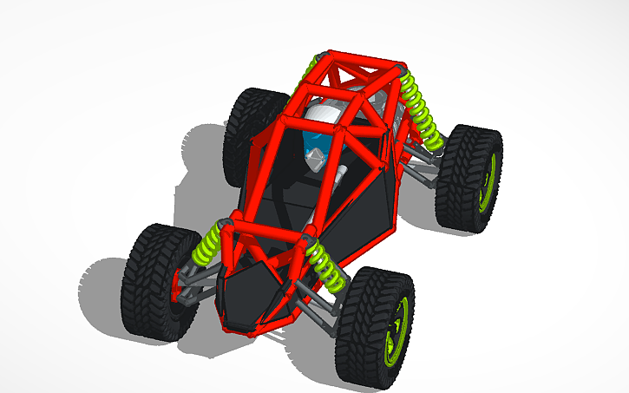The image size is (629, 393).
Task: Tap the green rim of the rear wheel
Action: tap(492, 182)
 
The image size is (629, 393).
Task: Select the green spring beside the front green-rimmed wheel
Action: tap(324, 261)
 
